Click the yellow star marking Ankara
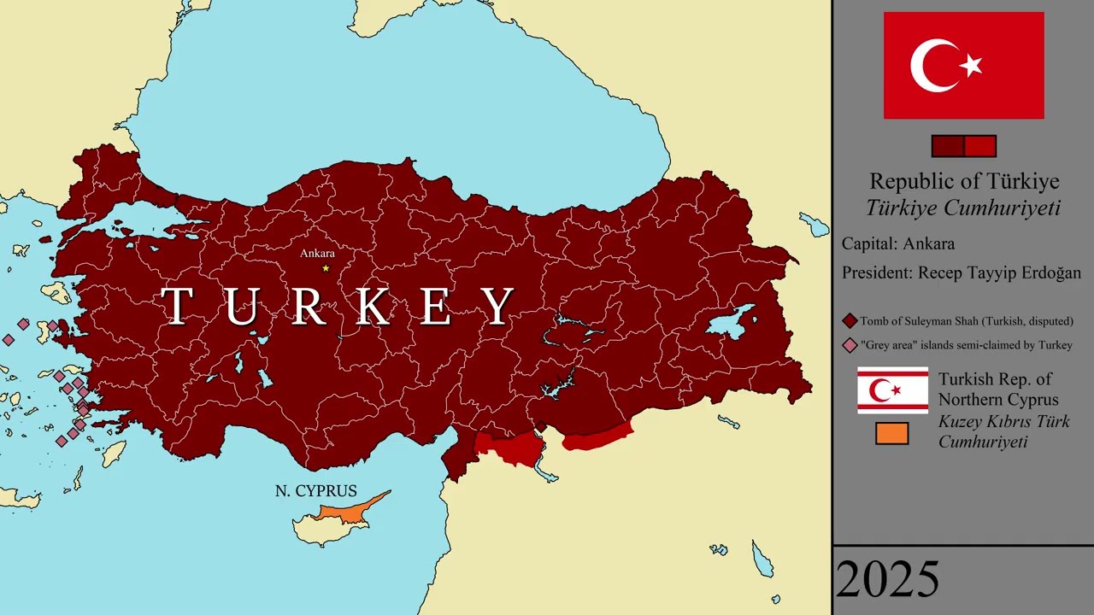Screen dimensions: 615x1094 click(x=325, y=268)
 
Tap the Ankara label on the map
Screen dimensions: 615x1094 click(x=317, y=253)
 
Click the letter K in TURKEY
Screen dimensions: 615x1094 click(x=373, y=306)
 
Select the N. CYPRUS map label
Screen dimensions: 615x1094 click(x=315, y=491)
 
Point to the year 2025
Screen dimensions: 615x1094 click(x=887, y=580)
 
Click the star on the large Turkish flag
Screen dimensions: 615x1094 click(x=971, y=65)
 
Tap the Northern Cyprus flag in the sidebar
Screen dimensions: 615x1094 click(x=892, y=390)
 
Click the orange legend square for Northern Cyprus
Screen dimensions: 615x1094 click(x=891, y=434)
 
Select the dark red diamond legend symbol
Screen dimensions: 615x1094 click(x=850, y=321)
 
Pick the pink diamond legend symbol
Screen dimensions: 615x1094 click(x=850, y=345)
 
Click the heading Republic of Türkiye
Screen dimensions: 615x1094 click(x=964, y=181)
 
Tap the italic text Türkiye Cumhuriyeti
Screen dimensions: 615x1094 click(x=963, y=208)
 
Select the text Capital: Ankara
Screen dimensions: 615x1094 click(x=898, y=243)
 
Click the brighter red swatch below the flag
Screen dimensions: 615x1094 click(x=979, y=146)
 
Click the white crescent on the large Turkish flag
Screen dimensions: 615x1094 click(x=932, y=65)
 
